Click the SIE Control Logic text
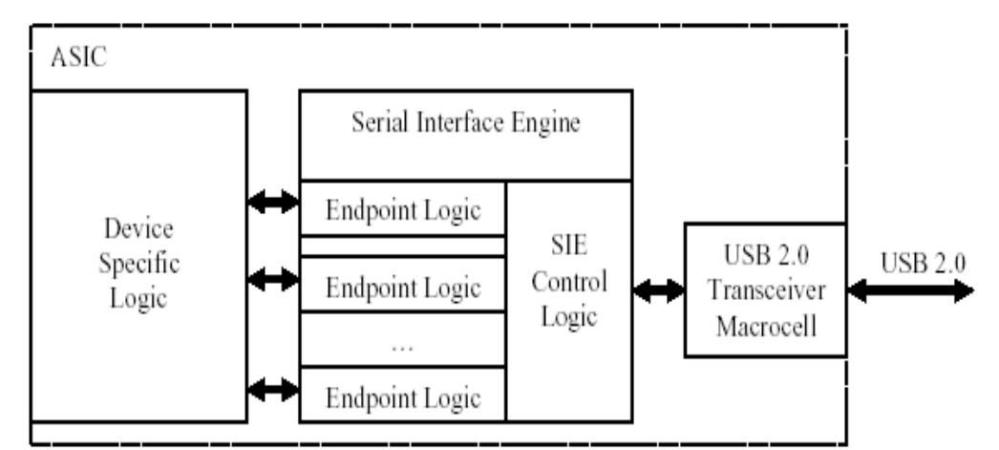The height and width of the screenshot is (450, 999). pos(569,284)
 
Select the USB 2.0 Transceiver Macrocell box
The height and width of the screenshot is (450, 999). pos(764,289)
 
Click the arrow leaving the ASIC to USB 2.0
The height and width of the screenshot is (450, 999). pos(913,293)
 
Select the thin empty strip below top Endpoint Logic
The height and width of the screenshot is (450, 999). pos(402,246)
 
